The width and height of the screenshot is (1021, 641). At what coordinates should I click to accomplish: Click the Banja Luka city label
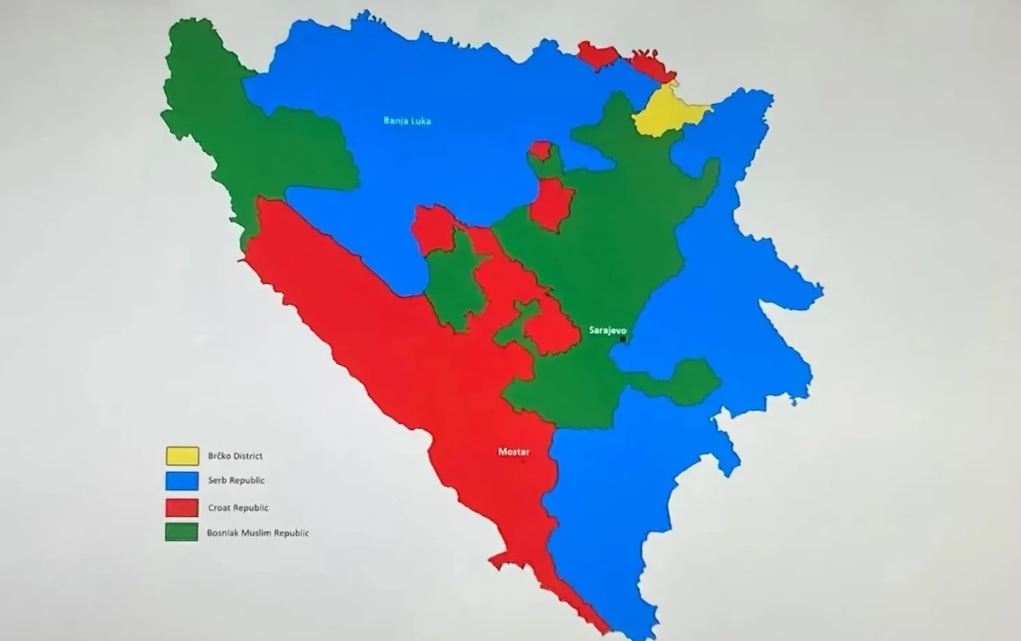pyautogui.click(x=407, y=121)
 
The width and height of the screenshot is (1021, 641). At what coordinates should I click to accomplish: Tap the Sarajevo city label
pyautogui.click(x=607, y=330)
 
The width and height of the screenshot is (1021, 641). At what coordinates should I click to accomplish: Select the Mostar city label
pyautogui.click(x=514, y=452)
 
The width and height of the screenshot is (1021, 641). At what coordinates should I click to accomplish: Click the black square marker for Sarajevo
pyautogui.click(x=623, y=339)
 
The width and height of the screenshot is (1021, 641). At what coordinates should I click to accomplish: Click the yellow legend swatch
pyautogui.click(x=182, y=456)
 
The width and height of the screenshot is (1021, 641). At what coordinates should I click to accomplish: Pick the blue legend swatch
pyautogui.click(x=182, y=481)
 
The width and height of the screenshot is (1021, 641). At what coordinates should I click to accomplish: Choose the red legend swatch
pyautogui.click(x=182, y=507)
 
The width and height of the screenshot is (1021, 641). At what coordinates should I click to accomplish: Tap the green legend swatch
pyautogui.click(x=182, y=532)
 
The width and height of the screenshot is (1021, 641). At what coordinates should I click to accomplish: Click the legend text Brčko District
pyautogui.click(x=235, y=456)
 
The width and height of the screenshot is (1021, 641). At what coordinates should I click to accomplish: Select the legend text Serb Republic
pyautogui.click(x=236, y=481)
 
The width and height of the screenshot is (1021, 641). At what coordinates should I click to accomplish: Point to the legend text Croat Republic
pyautogui.click(x=238, y=507)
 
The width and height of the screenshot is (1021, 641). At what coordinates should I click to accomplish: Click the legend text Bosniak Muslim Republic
pyautogui.click(x=257, y=533)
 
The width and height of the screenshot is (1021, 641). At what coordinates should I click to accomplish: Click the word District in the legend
pyautogui.click(x=248, y=456)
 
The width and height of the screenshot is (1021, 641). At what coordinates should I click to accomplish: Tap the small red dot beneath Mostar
pyautogui.click(x=522, y=461)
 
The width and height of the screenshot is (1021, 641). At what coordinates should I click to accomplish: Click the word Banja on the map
pyautogui.click(x=395, y=121)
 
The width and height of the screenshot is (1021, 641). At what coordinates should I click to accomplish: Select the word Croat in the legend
pyautogui.click(x=219, y=507)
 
